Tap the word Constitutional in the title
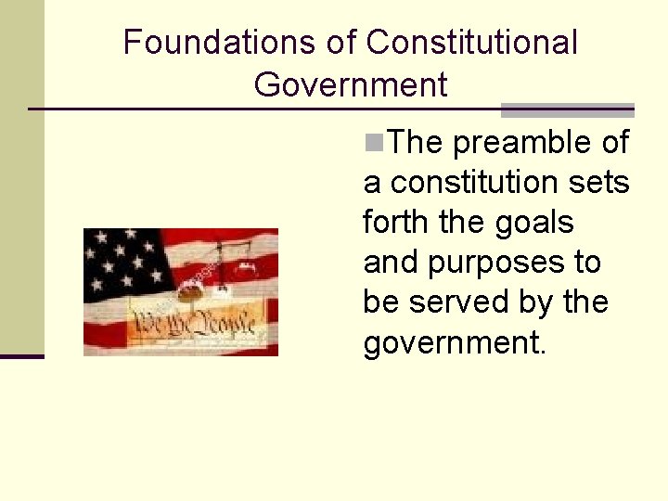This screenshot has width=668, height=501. (x=471, y=42)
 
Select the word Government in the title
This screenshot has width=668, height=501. (x=350, y=84)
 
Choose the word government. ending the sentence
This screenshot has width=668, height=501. (x=456, y=343)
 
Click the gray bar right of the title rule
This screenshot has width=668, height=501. (x=567, y=110)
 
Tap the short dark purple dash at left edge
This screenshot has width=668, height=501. (x=21, y=355)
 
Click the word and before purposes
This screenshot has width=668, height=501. (x=392, y=263)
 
